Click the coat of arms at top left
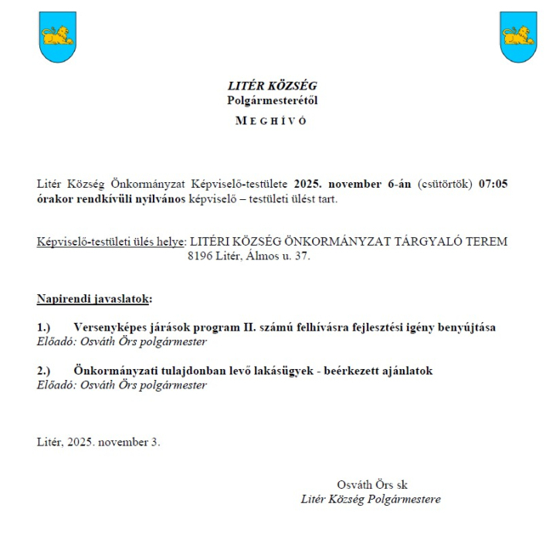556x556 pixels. coord(57,36)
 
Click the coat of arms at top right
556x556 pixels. coord(518,36)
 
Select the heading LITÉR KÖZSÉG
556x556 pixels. coord(273,86)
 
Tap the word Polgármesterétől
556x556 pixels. coord(273,100)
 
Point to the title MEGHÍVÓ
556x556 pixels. coord(273,121)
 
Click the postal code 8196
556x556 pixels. coord(200,256)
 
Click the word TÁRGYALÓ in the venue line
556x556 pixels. coord(429,241)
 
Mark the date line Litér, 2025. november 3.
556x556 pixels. coord(98,442)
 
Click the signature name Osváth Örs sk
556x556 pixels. coord(371,485)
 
